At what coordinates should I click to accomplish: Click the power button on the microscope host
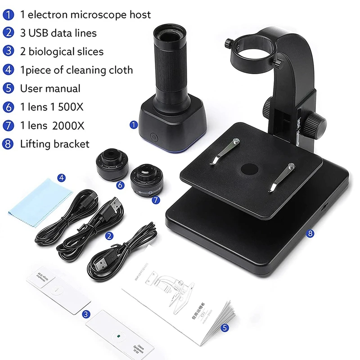tap(155, 135)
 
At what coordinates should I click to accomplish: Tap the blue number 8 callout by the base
tap(310, 233)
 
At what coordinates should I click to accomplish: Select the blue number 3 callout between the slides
tap(85, 315)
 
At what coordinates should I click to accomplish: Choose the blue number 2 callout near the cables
tap(108, 235)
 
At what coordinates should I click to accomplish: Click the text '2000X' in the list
tap(68, 125)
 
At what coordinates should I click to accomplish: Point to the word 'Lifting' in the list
tap(36, 144)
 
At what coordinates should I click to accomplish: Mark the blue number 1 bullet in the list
tap(9, 15)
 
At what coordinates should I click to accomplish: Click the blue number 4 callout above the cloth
tap(62, 177)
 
